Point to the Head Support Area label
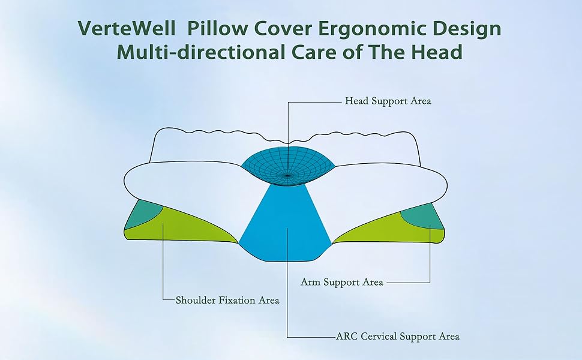point(388,101)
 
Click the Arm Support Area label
point(341,282)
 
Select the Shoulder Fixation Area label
point(227,300)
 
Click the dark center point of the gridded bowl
point(287,176)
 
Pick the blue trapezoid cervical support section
point(287,222)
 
